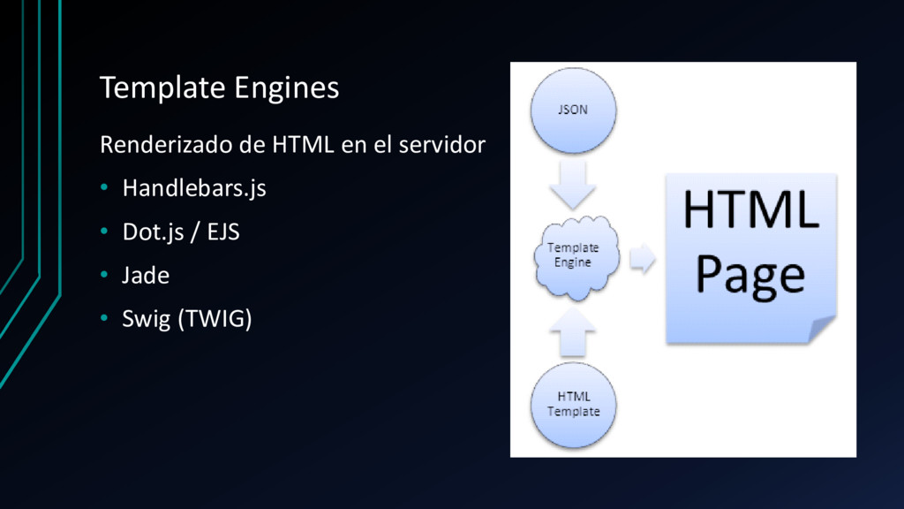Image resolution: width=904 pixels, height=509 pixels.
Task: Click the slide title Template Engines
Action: tap(219, 88)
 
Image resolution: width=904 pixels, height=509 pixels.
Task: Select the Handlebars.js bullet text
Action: tap(194, 188)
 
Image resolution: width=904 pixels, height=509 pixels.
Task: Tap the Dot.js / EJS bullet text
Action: tap(181, 232)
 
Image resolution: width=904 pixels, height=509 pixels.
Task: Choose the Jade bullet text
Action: tap(146, 276)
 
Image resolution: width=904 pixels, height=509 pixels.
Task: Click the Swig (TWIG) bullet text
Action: tap(187, 319)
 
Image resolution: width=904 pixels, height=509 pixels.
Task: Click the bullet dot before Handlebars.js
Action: tap(103, 188)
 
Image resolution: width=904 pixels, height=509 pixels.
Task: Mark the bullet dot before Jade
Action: tap(103, 276)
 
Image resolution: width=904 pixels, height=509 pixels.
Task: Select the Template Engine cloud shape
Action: tap(574, 256)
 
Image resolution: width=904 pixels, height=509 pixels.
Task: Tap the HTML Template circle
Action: tap(573, 404)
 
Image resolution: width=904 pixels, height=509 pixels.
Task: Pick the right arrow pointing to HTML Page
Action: tap(643, 259)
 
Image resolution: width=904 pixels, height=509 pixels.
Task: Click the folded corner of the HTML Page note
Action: tap(822, 329)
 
